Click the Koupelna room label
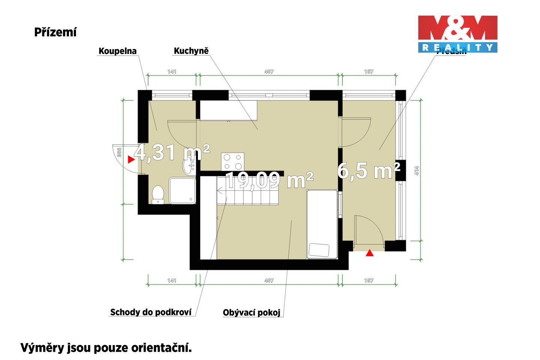coord(117,51)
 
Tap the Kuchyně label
coord(191,51)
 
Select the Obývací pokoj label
coord(251,313)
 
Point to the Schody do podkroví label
coord(151,312)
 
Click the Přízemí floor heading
coord(55,33)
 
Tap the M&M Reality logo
coord(457,34)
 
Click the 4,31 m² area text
coord(172,152)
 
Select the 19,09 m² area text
coord(269,180)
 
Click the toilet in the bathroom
coord(158,194)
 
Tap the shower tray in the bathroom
coord(182,190)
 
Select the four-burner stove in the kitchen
coord(232,162)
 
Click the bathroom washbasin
coord(189,166)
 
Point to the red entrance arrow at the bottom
coord(370,253)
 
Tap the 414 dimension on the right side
coord(417,171)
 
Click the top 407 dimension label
coord(269,72)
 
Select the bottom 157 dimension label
coord(369,280)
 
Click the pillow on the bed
coord(319,250)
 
